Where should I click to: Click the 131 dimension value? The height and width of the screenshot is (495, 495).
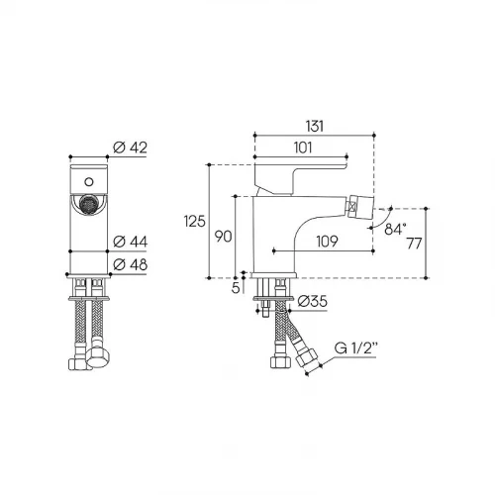tap(315, 127)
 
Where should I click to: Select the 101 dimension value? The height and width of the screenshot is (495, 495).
tap(303, 148)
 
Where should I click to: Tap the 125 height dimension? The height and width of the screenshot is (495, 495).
tap(194, 221)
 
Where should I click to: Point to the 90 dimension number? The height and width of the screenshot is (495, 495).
tap(223, 237)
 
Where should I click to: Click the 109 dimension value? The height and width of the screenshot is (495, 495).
tap(328, 242)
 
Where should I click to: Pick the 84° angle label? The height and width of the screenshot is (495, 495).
tap(395, 229)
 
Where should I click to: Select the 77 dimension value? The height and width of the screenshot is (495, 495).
tap(414, 244)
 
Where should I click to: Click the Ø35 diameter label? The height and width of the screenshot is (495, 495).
tap(312, 301)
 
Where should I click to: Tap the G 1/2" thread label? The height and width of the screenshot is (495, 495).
tap(355, 348)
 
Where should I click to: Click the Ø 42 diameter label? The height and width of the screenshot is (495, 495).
tap(130, 148)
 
